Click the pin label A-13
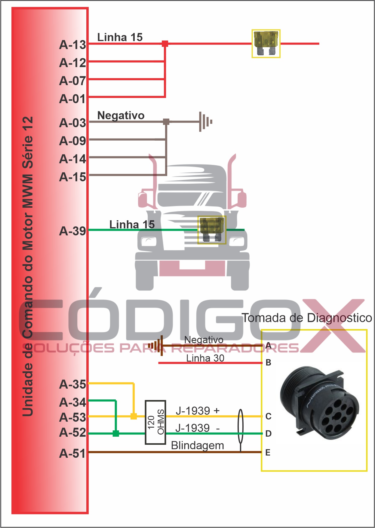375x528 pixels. pos(73,45)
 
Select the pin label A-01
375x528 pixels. pos(73,99)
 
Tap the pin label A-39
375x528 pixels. pos(73,231)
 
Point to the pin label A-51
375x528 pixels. pos(73,453)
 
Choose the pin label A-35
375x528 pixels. pos(73,384)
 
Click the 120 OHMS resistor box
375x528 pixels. pos(155,422)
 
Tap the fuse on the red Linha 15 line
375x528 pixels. pos(266,44)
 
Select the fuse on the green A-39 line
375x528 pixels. pos(212,230)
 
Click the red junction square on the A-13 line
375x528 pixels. pos(165,44)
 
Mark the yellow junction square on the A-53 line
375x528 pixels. pos(134,416)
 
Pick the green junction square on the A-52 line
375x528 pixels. pos(116,433)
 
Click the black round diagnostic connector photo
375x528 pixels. pos(319,404)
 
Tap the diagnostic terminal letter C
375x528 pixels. pos(269,417)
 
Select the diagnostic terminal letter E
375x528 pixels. pos(268,453)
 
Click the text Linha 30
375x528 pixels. pos(205,358)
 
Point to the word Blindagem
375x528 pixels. pos(198,446)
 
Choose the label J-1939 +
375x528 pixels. pos(198,410)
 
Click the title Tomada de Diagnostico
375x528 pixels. pos(307,318)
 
